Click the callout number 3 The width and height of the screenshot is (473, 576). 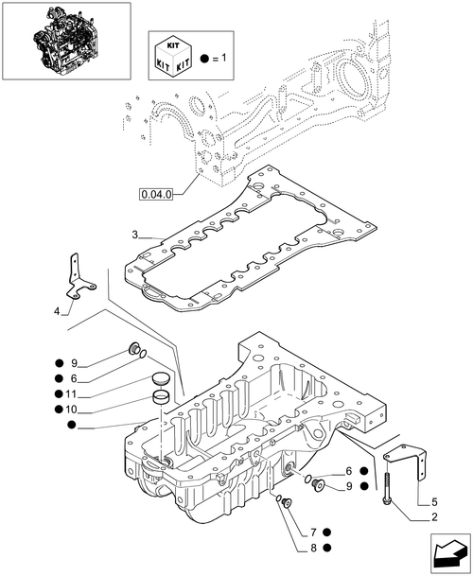(x=135, y=235)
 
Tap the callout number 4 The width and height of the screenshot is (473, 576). (x=56, y=311)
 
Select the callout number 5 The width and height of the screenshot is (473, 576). (x=434, y=500)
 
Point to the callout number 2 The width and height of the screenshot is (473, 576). (x=434, y=517)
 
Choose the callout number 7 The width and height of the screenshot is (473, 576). (x=311, y=532)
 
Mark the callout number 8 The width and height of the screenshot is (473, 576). (x=311, y=547)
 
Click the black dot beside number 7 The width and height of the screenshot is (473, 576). (x=327, y=532)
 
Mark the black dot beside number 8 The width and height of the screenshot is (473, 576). (x=327, y=547)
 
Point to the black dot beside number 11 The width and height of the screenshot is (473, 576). (x=59, y=393)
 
